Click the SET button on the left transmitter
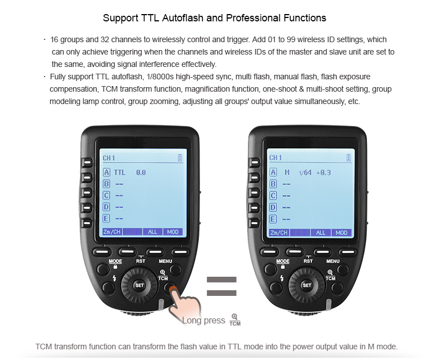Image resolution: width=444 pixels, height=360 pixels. tap(139, 285)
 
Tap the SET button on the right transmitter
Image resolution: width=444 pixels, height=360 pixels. tap(307, 285)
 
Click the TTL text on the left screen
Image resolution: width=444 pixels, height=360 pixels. tap(120, 172)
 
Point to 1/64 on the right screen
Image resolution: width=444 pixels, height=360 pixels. tap(305, 172)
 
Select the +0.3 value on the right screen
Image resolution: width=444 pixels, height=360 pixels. tap(323, 172)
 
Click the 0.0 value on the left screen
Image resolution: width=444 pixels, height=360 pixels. tap(141, 172)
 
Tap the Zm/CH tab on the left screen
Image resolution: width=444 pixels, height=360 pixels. tap(112, 232)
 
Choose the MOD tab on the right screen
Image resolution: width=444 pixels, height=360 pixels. tap(342, 232)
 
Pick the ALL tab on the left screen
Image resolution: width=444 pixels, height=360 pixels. tap(153, 232)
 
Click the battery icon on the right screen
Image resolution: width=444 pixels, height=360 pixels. tap(348, 157)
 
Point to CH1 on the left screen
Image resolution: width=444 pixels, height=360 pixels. tap(108, 158)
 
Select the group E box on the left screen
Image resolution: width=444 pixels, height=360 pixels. tap(106, 219)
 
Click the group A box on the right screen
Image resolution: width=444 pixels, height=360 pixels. tap(273, 172)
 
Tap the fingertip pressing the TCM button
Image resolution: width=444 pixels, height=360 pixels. tap(173, 290)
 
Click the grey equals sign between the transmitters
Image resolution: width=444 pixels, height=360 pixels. tap(221, 286)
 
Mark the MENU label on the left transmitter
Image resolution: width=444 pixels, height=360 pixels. tap(165, 261)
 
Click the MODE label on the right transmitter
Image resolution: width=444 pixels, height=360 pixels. tap(283, 261)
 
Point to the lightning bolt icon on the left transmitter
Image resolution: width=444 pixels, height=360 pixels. tap(115, 278)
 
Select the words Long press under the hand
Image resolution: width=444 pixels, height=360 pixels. tap(203, 320)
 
